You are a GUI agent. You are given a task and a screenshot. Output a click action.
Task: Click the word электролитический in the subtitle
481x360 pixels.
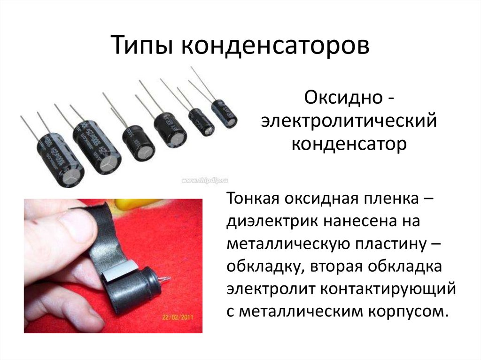(x=349, y=122)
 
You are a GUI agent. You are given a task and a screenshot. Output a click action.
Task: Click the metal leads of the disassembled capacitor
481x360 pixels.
(x=164, y=280)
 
